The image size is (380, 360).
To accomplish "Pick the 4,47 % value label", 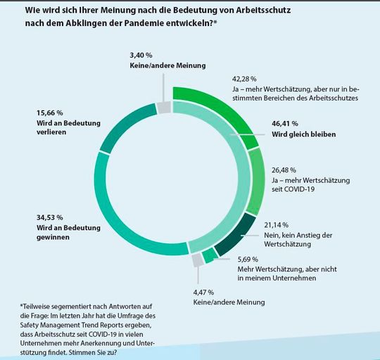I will tap(204, 292).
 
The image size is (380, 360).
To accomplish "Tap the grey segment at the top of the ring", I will tap(163, 107).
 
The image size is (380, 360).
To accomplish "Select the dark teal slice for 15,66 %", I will tap(120, 127).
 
